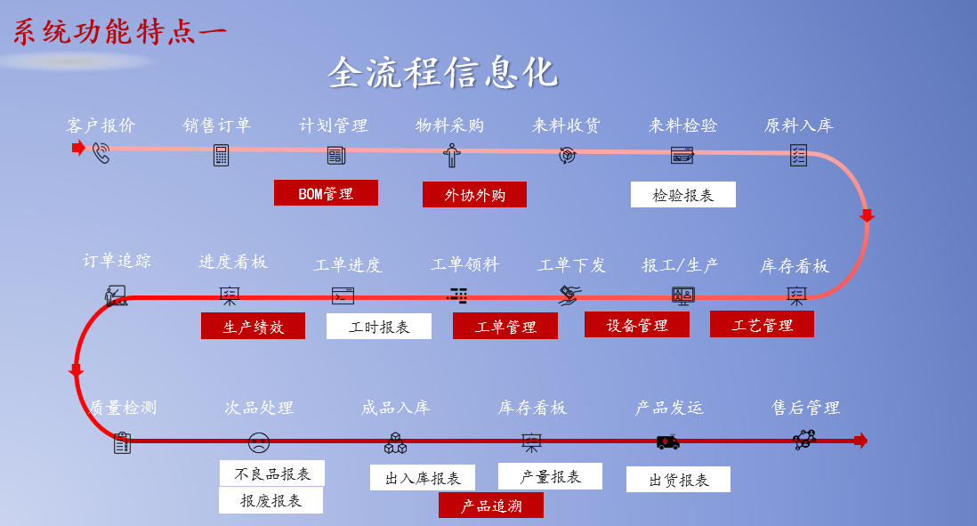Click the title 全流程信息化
coord(442,73)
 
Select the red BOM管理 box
coord(326,193)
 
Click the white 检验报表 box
coord(682,195)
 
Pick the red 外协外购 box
coord(474,195)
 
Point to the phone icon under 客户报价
coord(101,154)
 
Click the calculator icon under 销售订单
coord(221,155)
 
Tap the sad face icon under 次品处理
coord(259,441)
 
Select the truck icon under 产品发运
coord(667,441)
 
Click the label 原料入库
coord(798,125)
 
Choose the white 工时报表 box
coord(379,327)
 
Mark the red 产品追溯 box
coord(490,506)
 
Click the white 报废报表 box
coord(270,500)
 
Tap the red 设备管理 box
coord(637,325)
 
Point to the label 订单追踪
coord(117,261)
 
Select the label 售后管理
coord(805,408)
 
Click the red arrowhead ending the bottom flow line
coord(860,441)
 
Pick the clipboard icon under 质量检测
coord(123,442)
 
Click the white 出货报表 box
coord(678,480)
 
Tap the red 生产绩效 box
coord(253,326)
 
